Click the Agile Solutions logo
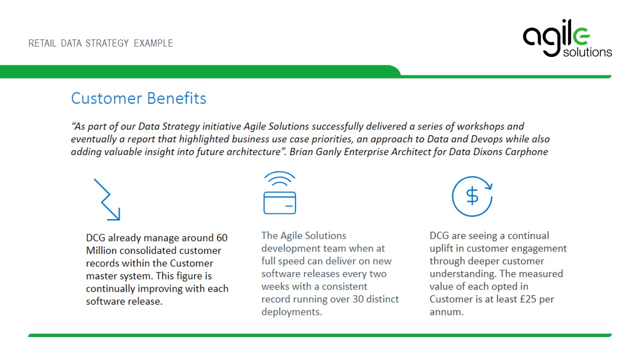click(x=567, y=38)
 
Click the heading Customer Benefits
click(x=138, y=98)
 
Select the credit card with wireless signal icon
click(x=279, y=192)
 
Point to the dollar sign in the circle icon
click(x=472, y=196)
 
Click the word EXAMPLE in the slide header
click(x=153, y=43)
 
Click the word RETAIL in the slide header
click(x=42, y=43)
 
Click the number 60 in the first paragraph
click(x=221, y=237)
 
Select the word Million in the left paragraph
click(x=101, y=250)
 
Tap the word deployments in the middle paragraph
click(x=291, y=312)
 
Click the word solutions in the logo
click(x=587, y=52)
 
